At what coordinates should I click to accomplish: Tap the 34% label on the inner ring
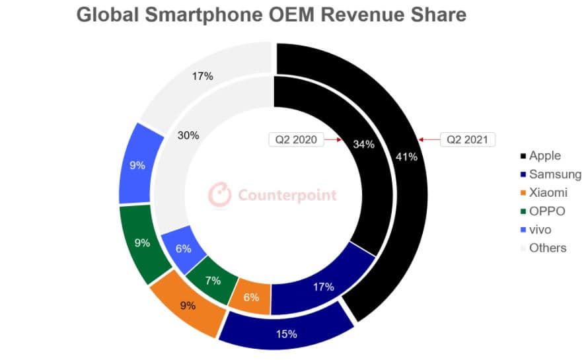[x=364, y=144]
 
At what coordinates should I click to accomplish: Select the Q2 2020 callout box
[x=296, y=139]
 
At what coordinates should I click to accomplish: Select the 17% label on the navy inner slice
[x=323, y=287]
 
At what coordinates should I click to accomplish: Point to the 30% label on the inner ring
[x=189, y=135]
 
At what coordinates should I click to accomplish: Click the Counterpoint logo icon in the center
[x=220, y=195]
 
